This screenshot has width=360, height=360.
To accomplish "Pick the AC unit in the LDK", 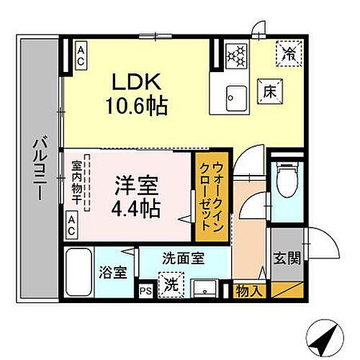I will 81,55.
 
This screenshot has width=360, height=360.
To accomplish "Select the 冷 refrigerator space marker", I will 288,53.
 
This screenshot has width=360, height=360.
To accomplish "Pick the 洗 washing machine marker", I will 170,284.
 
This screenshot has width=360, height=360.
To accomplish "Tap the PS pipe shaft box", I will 146,290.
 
